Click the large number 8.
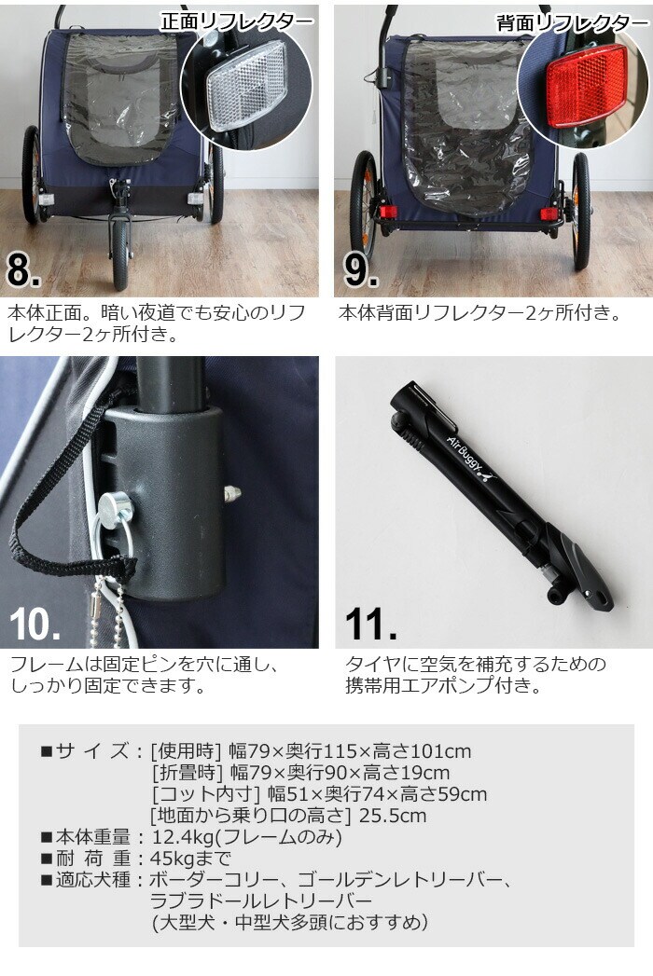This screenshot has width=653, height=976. click(23, 269)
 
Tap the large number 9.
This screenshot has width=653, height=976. click(361, 269)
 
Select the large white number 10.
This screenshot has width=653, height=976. click(35, 623)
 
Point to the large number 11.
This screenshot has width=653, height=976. click(370, 623)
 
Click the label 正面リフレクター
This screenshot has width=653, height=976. click(237, 21)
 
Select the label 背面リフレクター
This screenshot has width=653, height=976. click(572, 23)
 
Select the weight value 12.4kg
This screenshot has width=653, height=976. click(177, 837)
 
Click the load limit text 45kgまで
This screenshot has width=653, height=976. click(190, 859)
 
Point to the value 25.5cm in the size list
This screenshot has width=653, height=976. click(393, 816)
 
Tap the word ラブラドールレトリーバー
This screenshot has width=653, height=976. click(260, 901)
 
